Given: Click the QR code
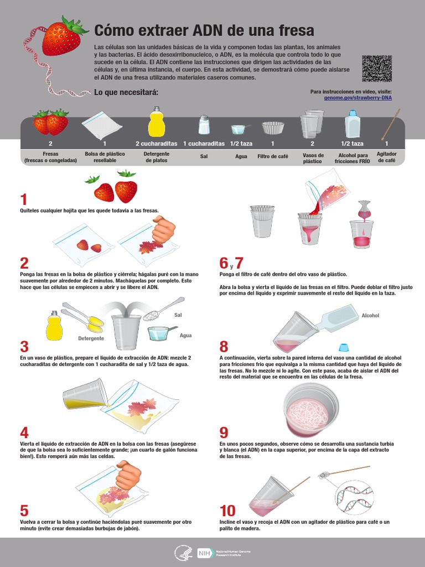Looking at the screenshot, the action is (377, 68).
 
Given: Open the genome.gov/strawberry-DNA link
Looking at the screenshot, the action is (357, 97).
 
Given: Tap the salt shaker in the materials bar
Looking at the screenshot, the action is (204, 125).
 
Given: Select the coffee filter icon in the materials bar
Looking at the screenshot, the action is (273, 128).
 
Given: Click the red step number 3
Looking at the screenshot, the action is (24, 347).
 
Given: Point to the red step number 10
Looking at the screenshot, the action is (227, 511).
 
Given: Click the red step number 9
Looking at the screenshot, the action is (224, 432).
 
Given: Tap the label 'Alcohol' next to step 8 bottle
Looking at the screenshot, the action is (370, 315).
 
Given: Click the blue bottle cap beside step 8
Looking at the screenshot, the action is (343, 348).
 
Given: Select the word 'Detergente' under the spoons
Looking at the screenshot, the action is (91, 338).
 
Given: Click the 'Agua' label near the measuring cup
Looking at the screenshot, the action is (186, 336).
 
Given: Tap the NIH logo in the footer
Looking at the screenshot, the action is (203, 553).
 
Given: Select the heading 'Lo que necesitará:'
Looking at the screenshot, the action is (126, 92).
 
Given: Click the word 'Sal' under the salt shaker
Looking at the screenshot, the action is (204, 157).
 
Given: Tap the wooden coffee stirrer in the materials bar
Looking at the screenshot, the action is (391, 125).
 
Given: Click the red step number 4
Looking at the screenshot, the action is (24, 432).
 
